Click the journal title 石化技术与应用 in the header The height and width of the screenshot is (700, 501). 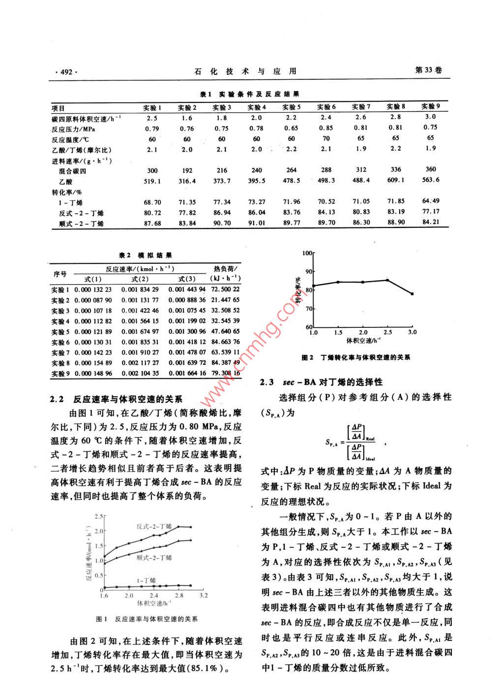click(x=245, y=71)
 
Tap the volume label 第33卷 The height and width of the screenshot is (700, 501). click(x=428, y=70)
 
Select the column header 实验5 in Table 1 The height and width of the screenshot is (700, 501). click(x=292, y=107)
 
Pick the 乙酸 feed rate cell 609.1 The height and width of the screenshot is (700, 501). click(x=395, y=180)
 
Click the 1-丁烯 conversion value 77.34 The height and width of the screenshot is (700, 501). click(x=222, y=202)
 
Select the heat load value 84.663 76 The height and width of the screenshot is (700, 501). click(x=224, y=342)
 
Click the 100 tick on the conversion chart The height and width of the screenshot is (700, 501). click(x=307, y=253)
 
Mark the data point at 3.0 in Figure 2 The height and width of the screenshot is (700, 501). click(x=412, y=294)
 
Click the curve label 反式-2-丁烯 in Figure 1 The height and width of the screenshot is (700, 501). click(x=153, y=526)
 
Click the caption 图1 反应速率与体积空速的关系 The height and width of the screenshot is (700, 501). click(x=150, y=619)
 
